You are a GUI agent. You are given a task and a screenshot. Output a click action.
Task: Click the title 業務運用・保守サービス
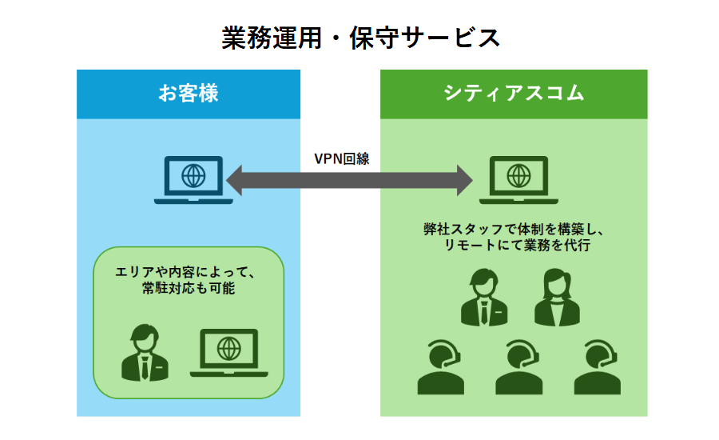pyautogui.click(x=360, y=38)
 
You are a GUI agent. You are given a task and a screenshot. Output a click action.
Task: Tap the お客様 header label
pyautogui.click(x=188, y=94)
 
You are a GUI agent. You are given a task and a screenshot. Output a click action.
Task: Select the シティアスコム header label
pyautogui.click(x=514, y=94)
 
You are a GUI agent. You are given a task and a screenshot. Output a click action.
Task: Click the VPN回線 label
pyautogui.click(x=341, y=158)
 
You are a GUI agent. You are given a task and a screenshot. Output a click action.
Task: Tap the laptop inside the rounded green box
pyautogui.click(x=228, y=353)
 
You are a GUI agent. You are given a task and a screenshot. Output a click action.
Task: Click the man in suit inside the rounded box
pyautogui.click(x=145, y=352)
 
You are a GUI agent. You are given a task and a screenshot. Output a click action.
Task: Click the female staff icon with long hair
pyautogui.click(x=557, y=297)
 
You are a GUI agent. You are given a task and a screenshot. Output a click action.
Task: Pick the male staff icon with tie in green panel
pyautogui.click(x=484, y=297)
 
